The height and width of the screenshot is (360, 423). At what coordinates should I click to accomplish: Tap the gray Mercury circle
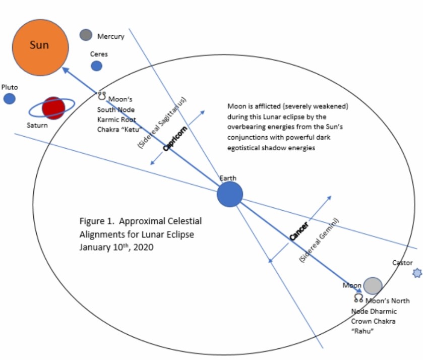86,35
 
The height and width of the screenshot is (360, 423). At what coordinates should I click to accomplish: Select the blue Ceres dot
96,66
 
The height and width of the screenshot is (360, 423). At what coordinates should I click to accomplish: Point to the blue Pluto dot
9,98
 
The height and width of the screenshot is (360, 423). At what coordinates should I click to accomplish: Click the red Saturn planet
53,107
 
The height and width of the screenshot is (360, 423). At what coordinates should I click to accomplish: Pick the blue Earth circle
230,194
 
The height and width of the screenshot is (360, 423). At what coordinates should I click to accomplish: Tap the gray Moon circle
373,285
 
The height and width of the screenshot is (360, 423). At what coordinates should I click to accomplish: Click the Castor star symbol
416,273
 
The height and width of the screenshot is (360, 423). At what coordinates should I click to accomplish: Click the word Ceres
99,54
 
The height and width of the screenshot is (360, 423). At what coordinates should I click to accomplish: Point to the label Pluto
10,87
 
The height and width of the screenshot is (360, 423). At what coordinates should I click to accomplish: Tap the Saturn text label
37,125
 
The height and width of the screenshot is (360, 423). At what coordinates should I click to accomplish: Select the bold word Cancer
299,230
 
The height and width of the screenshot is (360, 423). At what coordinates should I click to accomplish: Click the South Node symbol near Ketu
101,95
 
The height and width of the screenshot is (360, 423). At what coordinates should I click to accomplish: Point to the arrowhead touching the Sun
66,71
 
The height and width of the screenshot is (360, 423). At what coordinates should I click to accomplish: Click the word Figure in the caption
91,221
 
